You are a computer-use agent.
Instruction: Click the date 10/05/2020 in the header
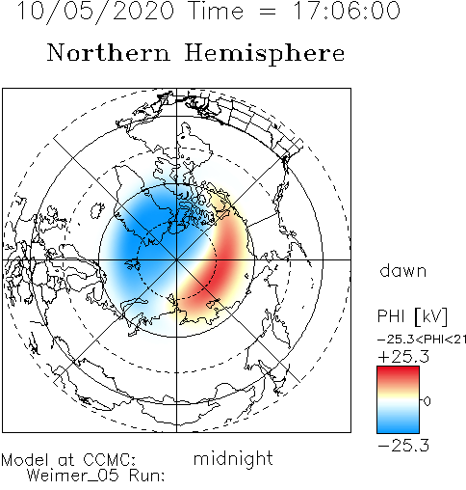[95, 12]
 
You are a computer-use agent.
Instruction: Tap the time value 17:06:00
[348, 11]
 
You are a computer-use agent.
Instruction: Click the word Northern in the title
[109, 53]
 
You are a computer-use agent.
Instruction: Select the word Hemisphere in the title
[265, 54]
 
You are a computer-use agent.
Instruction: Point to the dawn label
[403, 270]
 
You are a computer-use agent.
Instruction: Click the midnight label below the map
[233, 459]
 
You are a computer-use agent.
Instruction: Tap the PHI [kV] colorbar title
[412, 316]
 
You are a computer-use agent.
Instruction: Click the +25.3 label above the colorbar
[403, 357]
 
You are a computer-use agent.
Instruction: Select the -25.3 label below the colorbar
[403, 446]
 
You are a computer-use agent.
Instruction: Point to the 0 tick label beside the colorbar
[427, 401]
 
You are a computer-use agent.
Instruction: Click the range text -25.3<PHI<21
[422, 340]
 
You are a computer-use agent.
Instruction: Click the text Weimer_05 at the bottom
[73, 476]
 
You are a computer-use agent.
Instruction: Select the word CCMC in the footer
[108, 460]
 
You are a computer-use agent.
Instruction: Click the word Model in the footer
[25, 460]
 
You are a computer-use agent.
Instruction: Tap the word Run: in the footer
[146, 476]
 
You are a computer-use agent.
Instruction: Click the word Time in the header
[216, 11]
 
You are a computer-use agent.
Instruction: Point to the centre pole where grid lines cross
[176, 259]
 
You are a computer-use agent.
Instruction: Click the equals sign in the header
[267, 12]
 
